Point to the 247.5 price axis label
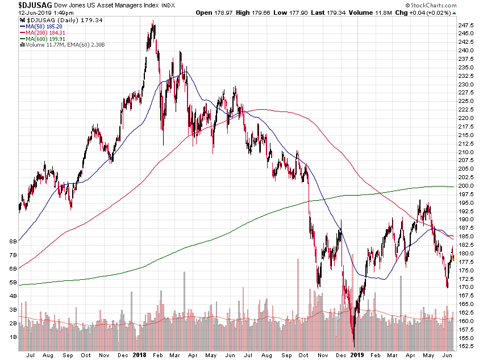(x=467, y=25)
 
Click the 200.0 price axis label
(x=467, y=185)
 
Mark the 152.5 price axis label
(x=467, y=346)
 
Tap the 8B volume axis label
(x=11, y=241)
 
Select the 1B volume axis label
(x=11, y=337)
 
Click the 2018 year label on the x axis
(x=140, y=354)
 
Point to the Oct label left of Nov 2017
(x=85, y=354)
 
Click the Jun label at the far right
(x=447, y=354)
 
